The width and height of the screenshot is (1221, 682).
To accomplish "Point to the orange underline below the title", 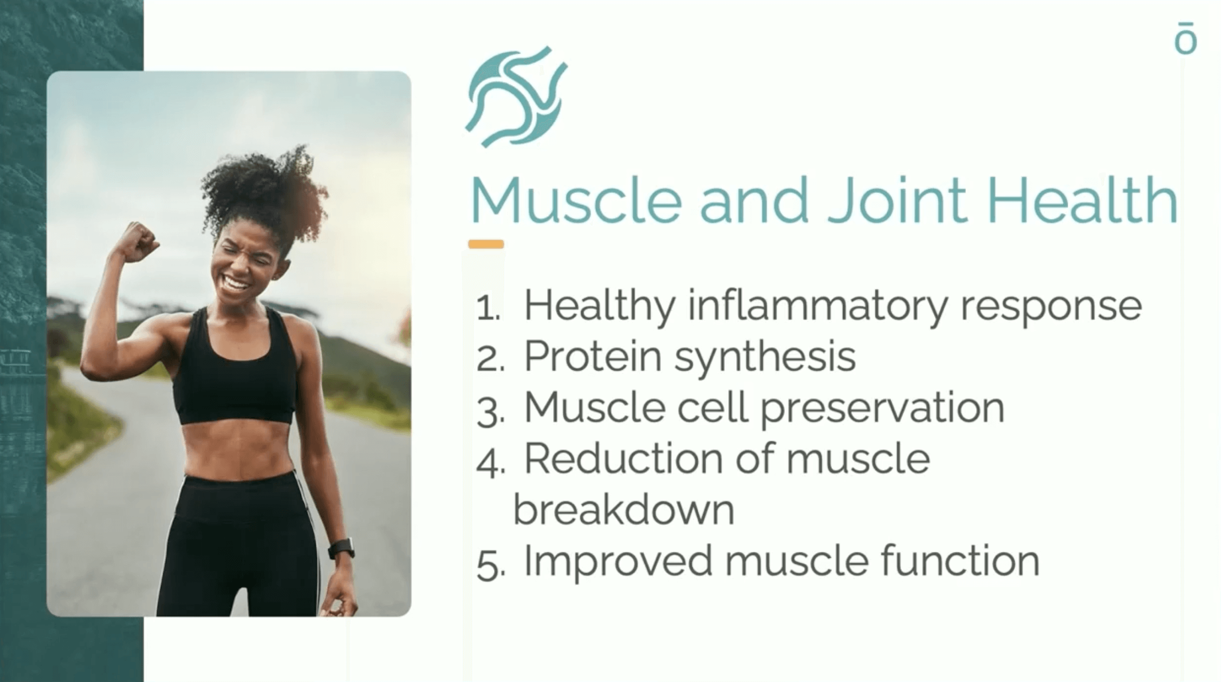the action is [486, 245].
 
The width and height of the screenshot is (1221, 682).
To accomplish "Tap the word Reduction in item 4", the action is [623, 459].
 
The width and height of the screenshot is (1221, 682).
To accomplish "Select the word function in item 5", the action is [960, 561].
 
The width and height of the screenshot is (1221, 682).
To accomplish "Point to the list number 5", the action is [491, 567].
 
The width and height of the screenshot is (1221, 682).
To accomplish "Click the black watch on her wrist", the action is [341, 549].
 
